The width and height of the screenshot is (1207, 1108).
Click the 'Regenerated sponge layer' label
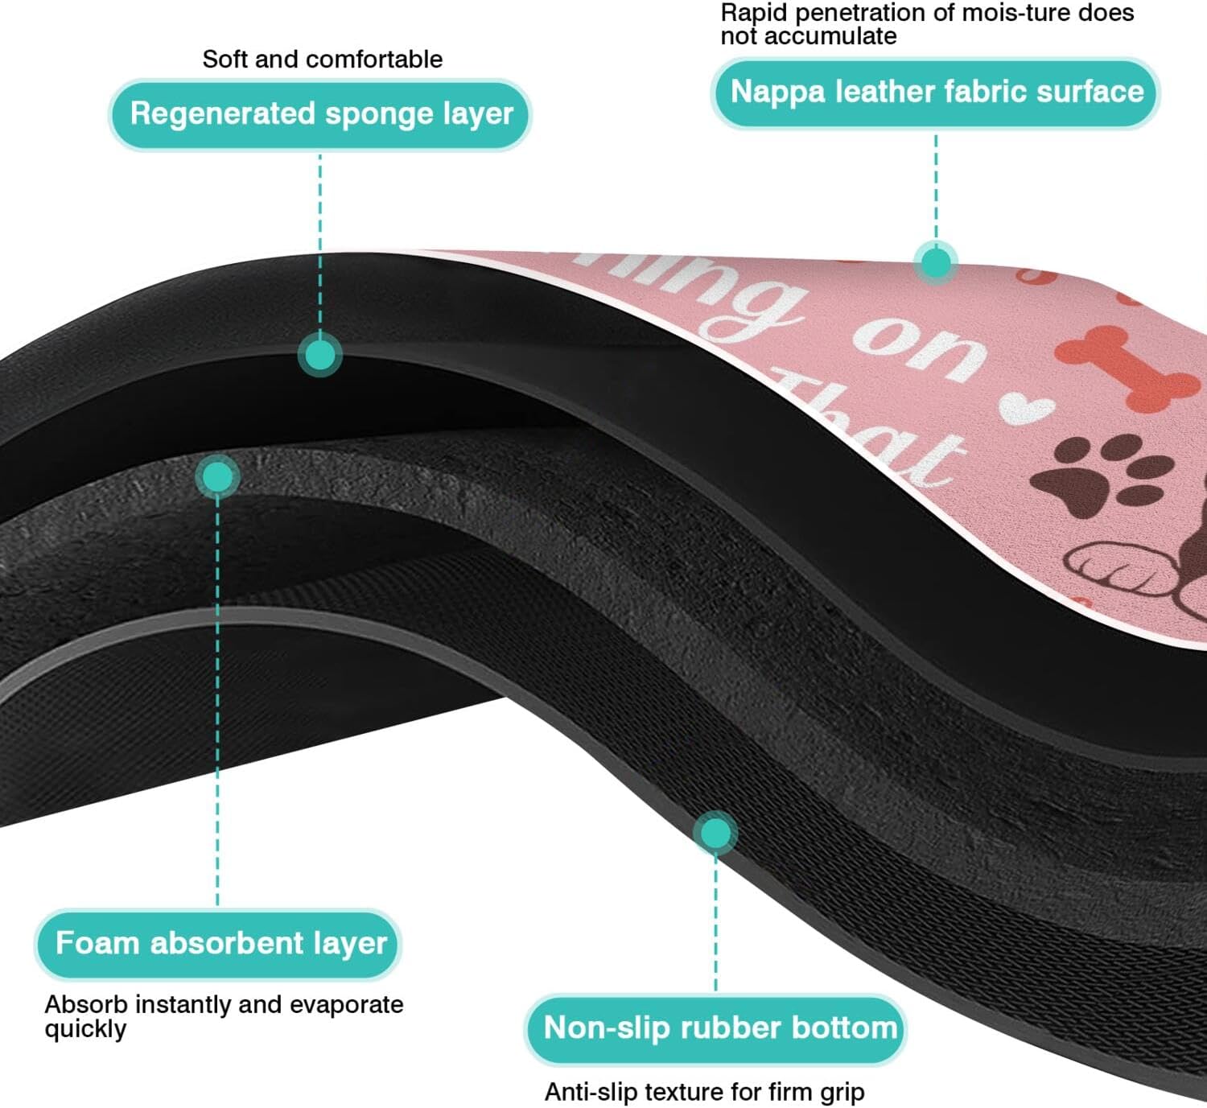pos(320,114)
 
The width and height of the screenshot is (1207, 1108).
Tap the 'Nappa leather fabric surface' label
pos(936,93)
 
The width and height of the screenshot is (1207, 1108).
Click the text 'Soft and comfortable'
pos(322,59)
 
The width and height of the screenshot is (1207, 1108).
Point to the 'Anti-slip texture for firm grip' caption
pos(704,1092)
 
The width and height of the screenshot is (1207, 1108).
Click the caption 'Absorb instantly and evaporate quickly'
pos(223,1015)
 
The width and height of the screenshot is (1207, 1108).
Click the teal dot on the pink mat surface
pos(935,262)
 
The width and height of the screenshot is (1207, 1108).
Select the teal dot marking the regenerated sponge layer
pos(320,355)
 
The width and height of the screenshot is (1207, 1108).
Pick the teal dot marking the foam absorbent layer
pos(217,477)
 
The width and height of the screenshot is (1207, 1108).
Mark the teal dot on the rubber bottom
pos(715,833)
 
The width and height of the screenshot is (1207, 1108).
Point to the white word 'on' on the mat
pos(919,346)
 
